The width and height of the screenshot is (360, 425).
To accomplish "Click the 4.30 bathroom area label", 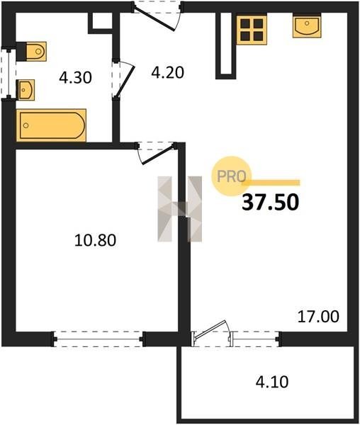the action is [76, 78].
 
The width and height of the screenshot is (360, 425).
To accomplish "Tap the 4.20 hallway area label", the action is [167, 73].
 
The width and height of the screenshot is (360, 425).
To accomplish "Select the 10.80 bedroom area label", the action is [95, 240].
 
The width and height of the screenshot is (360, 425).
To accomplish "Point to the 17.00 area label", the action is [318, 317].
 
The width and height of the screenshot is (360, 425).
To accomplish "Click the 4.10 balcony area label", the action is [272, 382].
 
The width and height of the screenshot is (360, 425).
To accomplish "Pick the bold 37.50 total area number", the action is [270, 203].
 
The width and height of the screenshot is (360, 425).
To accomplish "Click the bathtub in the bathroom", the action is [51, 125].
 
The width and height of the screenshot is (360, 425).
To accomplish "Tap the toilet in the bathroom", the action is [31, 51].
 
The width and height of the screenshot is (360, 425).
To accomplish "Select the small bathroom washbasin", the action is [26, 90].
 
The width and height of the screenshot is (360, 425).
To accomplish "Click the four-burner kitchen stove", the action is [252, 29].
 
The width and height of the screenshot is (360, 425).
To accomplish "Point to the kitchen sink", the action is [307, 25].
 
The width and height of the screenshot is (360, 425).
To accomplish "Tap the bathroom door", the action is [123, 79].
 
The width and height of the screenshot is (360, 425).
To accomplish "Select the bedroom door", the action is [156, 153].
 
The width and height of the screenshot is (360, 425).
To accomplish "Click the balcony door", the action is [211, 334].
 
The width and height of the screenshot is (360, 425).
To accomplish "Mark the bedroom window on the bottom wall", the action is [98, 339].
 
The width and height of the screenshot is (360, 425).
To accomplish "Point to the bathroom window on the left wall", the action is [9, 74].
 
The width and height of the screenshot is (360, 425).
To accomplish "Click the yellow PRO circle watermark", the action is [232, 176].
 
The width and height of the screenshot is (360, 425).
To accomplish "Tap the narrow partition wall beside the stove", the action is [226, 45].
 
